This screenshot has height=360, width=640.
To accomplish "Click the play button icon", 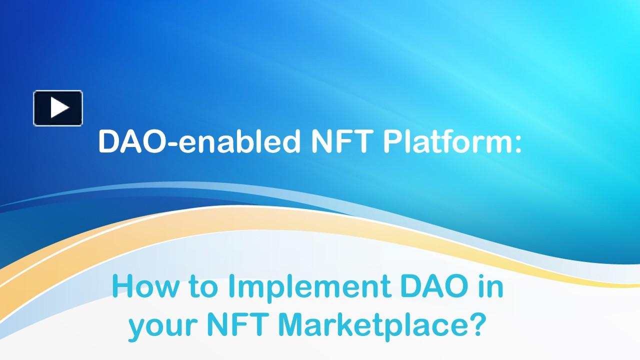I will point(58,108).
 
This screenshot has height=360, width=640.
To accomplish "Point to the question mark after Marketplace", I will point(477,325).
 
